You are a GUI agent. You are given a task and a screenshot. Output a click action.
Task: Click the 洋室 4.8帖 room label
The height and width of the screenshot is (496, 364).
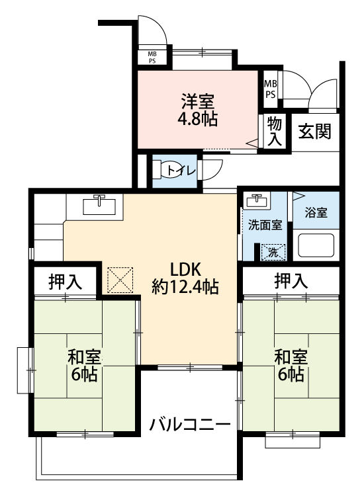197,110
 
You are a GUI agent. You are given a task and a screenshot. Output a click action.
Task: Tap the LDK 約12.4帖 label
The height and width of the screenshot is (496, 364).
185,278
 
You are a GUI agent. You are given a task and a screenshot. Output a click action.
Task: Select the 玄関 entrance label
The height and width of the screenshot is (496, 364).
314,132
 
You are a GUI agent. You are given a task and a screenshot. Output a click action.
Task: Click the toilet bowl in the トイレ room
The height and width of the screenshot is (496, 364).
171,170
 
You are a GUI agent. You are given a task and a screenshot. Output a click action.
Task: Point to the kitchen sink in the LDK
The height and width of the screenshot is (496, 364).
99,206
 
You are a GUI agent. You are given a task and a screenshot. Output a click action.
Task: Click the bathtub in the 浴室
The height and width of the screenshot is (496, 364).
316,245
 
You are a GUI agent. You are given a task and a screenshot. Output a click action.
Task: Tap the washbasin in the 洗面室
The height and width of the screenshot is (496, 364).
257,200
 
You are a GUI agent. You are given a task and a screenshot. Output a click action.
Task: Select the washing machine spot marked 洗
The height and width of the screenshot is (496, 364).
273,253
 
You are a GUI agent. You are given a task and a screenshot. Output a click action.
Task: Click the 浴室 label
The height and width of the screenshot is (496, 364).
316,212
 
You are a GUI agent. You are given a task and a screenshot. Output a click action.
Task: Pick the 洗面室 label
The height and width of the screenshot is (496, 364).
265,225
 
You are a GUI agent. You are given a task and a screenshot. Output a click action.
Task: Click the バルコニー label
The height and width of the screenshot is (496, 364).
190,425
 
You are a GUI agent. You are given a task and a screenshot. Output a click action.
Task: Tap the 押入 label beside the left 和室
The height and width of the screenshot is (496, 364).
65,282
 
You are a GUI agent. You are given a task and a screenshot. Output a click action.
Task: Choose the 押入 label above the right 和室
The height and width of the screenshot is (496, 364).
291,281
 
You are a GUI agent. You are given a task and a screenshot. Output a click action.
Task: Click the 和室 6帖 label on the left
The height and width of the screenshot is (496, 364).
84,366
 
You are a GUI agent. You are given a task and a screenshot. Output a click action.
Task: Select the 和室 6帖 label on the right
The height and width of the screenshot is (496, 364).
291,366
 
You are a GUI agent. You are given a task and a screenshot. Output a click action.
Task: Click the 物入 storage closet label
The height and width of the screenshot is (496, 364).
275,132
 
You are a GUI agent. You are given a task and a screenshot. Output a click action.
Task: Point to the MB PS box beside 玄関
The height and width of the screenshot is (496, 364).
270,89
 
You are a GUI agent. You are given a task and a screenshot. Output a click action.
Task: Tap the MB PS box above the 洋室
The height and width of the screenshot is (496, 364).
152,58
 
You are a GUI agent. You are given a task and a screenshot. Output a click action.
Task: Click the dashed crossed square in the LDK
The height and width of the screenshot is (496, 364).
120,280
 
